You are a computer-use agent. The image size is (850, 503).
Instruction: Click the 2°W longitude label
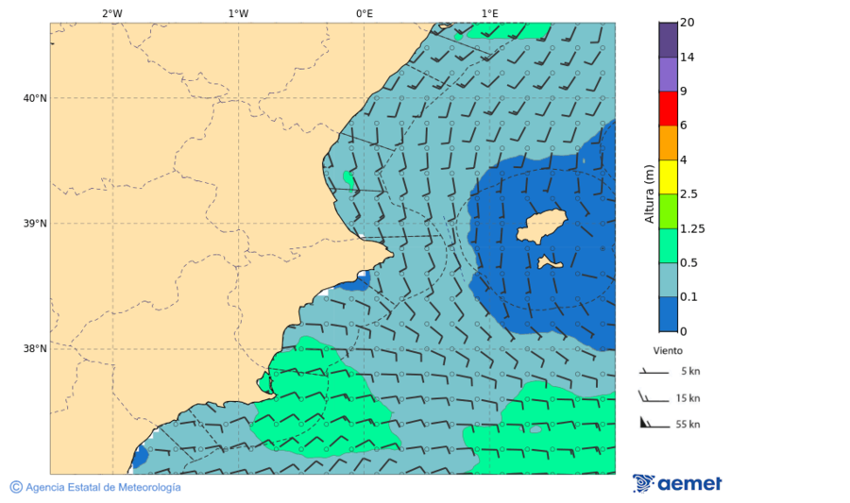point(111,13)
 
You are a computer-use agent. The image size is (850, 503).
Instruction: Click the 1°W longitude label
point(238,13)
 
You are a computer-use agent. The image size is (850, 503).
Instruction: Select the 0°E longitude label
point(364,13)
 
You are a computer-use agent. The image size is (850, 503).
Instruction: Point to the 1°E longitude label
point(489,13)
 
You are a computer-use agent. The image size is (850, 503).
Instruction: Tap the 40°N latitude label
point(35,98)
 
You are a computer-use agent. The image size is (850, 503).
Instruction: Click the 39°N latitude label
point(35,224)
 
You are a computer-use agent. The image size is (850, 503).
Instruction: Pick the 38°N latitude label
point(35,349)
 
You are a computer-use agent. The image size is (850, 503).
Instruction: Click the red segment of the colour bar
point(668,108)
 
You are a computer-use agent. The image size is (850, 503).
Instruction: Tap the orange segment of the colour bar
point(668,142)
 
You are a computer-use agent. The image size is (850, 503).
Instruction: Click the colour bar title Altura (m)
point(649,193)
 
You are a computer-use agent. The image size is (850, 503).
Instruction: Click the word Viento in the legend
point(668,350)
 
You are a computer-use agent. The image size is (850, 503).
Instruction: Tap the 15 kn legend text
point(688,398)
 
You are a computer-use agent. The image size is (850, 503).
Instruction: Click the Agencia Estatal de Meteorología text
point(102,487)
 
